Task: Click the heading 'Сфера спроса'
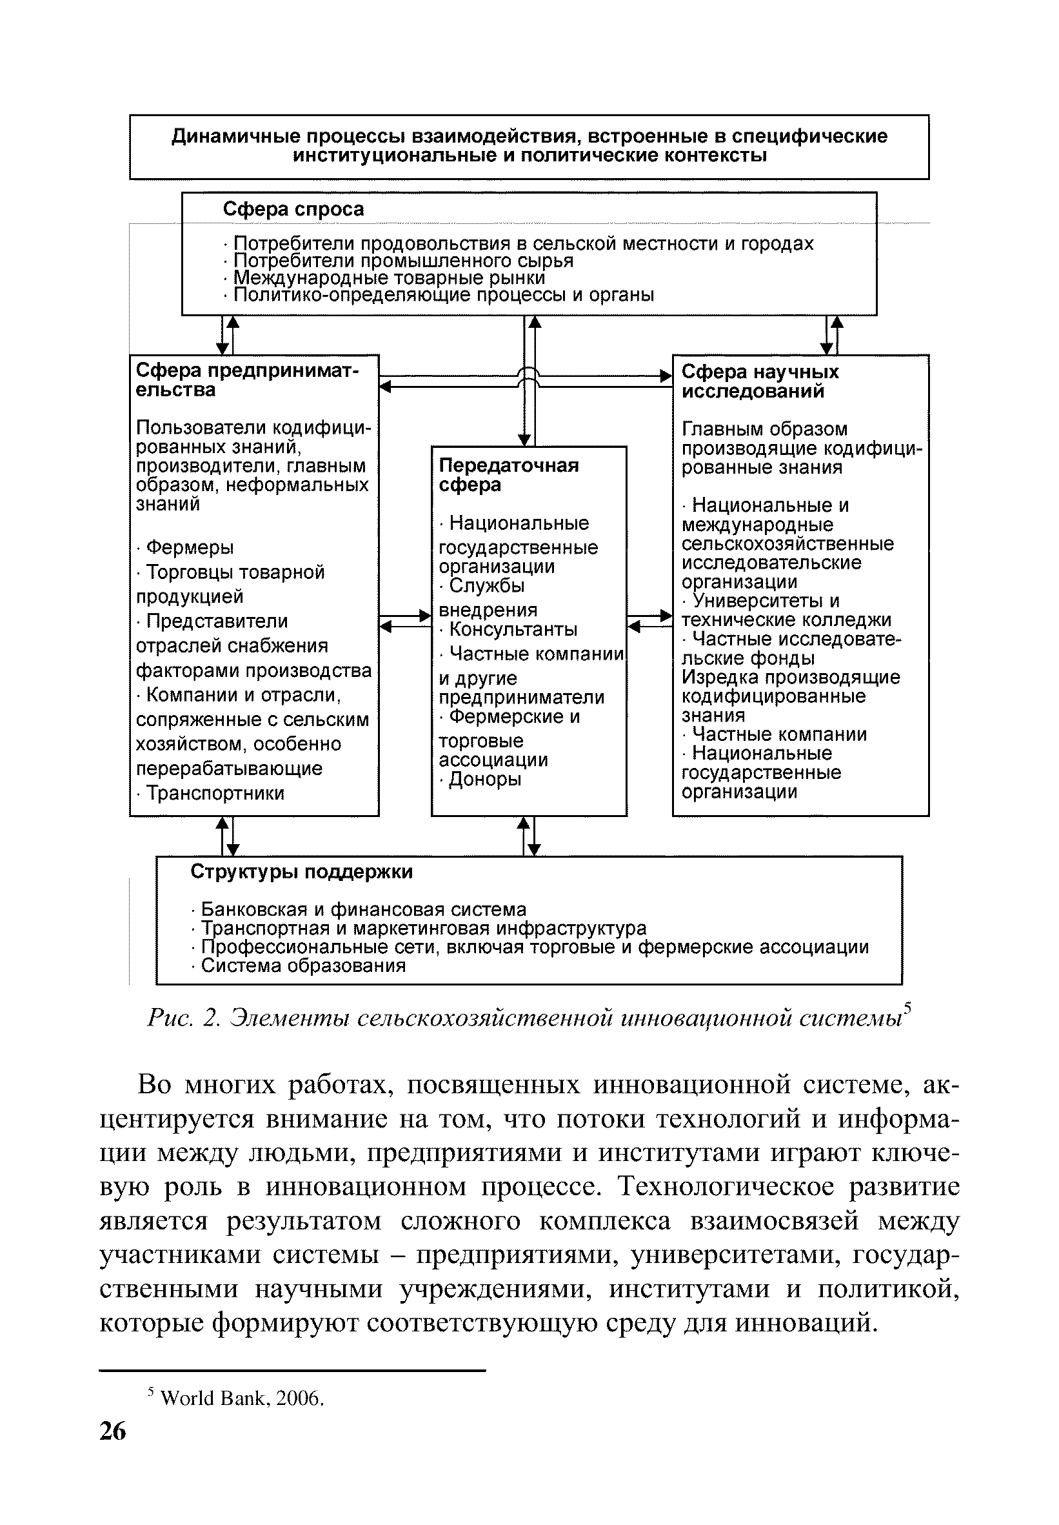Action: (293, 210)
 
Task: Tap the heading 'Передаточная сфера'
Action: (508, 476)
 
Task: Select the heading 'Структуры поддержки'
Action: (301, 872)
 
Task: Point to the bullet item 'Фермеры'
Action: (189, 548)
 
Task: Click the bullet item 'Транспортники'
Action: (214, 793)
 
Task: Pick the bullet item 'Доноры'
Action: (484, 780)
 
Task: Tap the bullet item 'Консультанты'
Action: (512, 629)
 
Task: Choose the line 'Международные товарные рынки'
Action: (389, 278)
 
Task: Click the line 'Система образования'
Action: (302, 966)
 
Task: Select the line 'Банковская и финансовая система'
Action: (363, 909)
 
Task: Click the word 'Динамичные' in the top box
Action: (230, 137)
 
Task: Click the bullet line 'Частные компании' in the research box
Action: (778, 735)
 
